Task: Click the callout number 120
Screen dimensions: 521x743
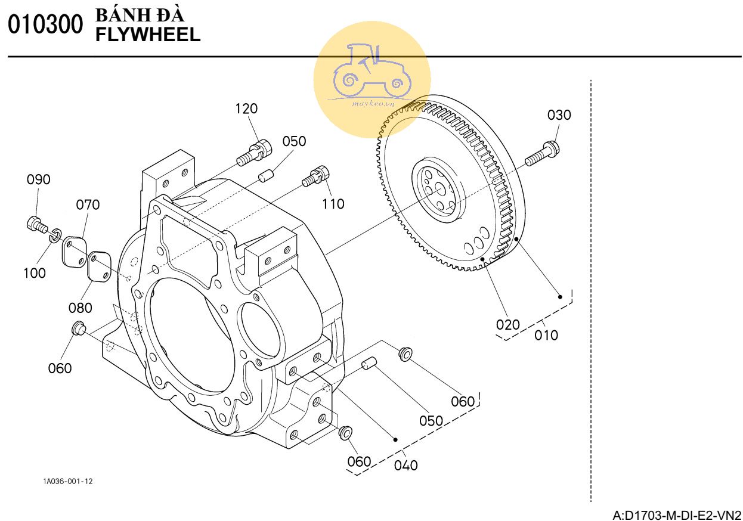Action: click(x=246, y=109)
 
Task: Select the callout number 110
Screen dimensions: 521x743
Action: click(x=333, y=204)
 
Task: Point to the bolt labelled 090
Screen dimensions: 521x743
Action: click(x=37, y=224)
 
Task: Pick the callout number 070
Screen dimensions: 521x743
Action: click(x=88, y=205)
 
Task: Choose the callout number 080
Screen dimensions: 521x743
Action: click(x=80, y=308)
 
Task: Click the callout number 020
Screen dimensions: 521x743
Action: click(x=508, y=325)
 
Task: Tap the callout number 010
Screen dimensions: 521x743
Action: click(x=546, y=335)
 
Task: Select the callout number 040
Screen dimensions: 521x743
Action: click(x=406, y=464)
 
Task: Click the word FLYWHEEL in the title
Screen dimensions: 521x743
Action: click(x=148, y=35)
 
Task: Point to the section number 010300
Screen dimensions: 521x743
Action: click(x=45, y=25)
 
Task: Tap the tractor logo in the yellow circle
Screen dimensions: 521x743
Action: click(x=371, y=70)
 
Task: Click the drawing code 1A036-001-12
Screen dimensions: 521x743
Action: click(x=68, y=481)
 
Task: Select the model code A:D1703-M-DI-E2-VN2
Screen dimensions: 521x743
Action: click(x=677, y=514)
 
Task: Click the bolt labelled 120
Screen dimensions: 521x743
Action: click(x=254, y=152)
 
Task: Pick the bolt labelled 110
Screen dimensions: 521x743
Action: click(x=316, y=175)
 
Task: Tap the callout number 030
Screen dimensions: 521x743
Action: click(x=559, y=115)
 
